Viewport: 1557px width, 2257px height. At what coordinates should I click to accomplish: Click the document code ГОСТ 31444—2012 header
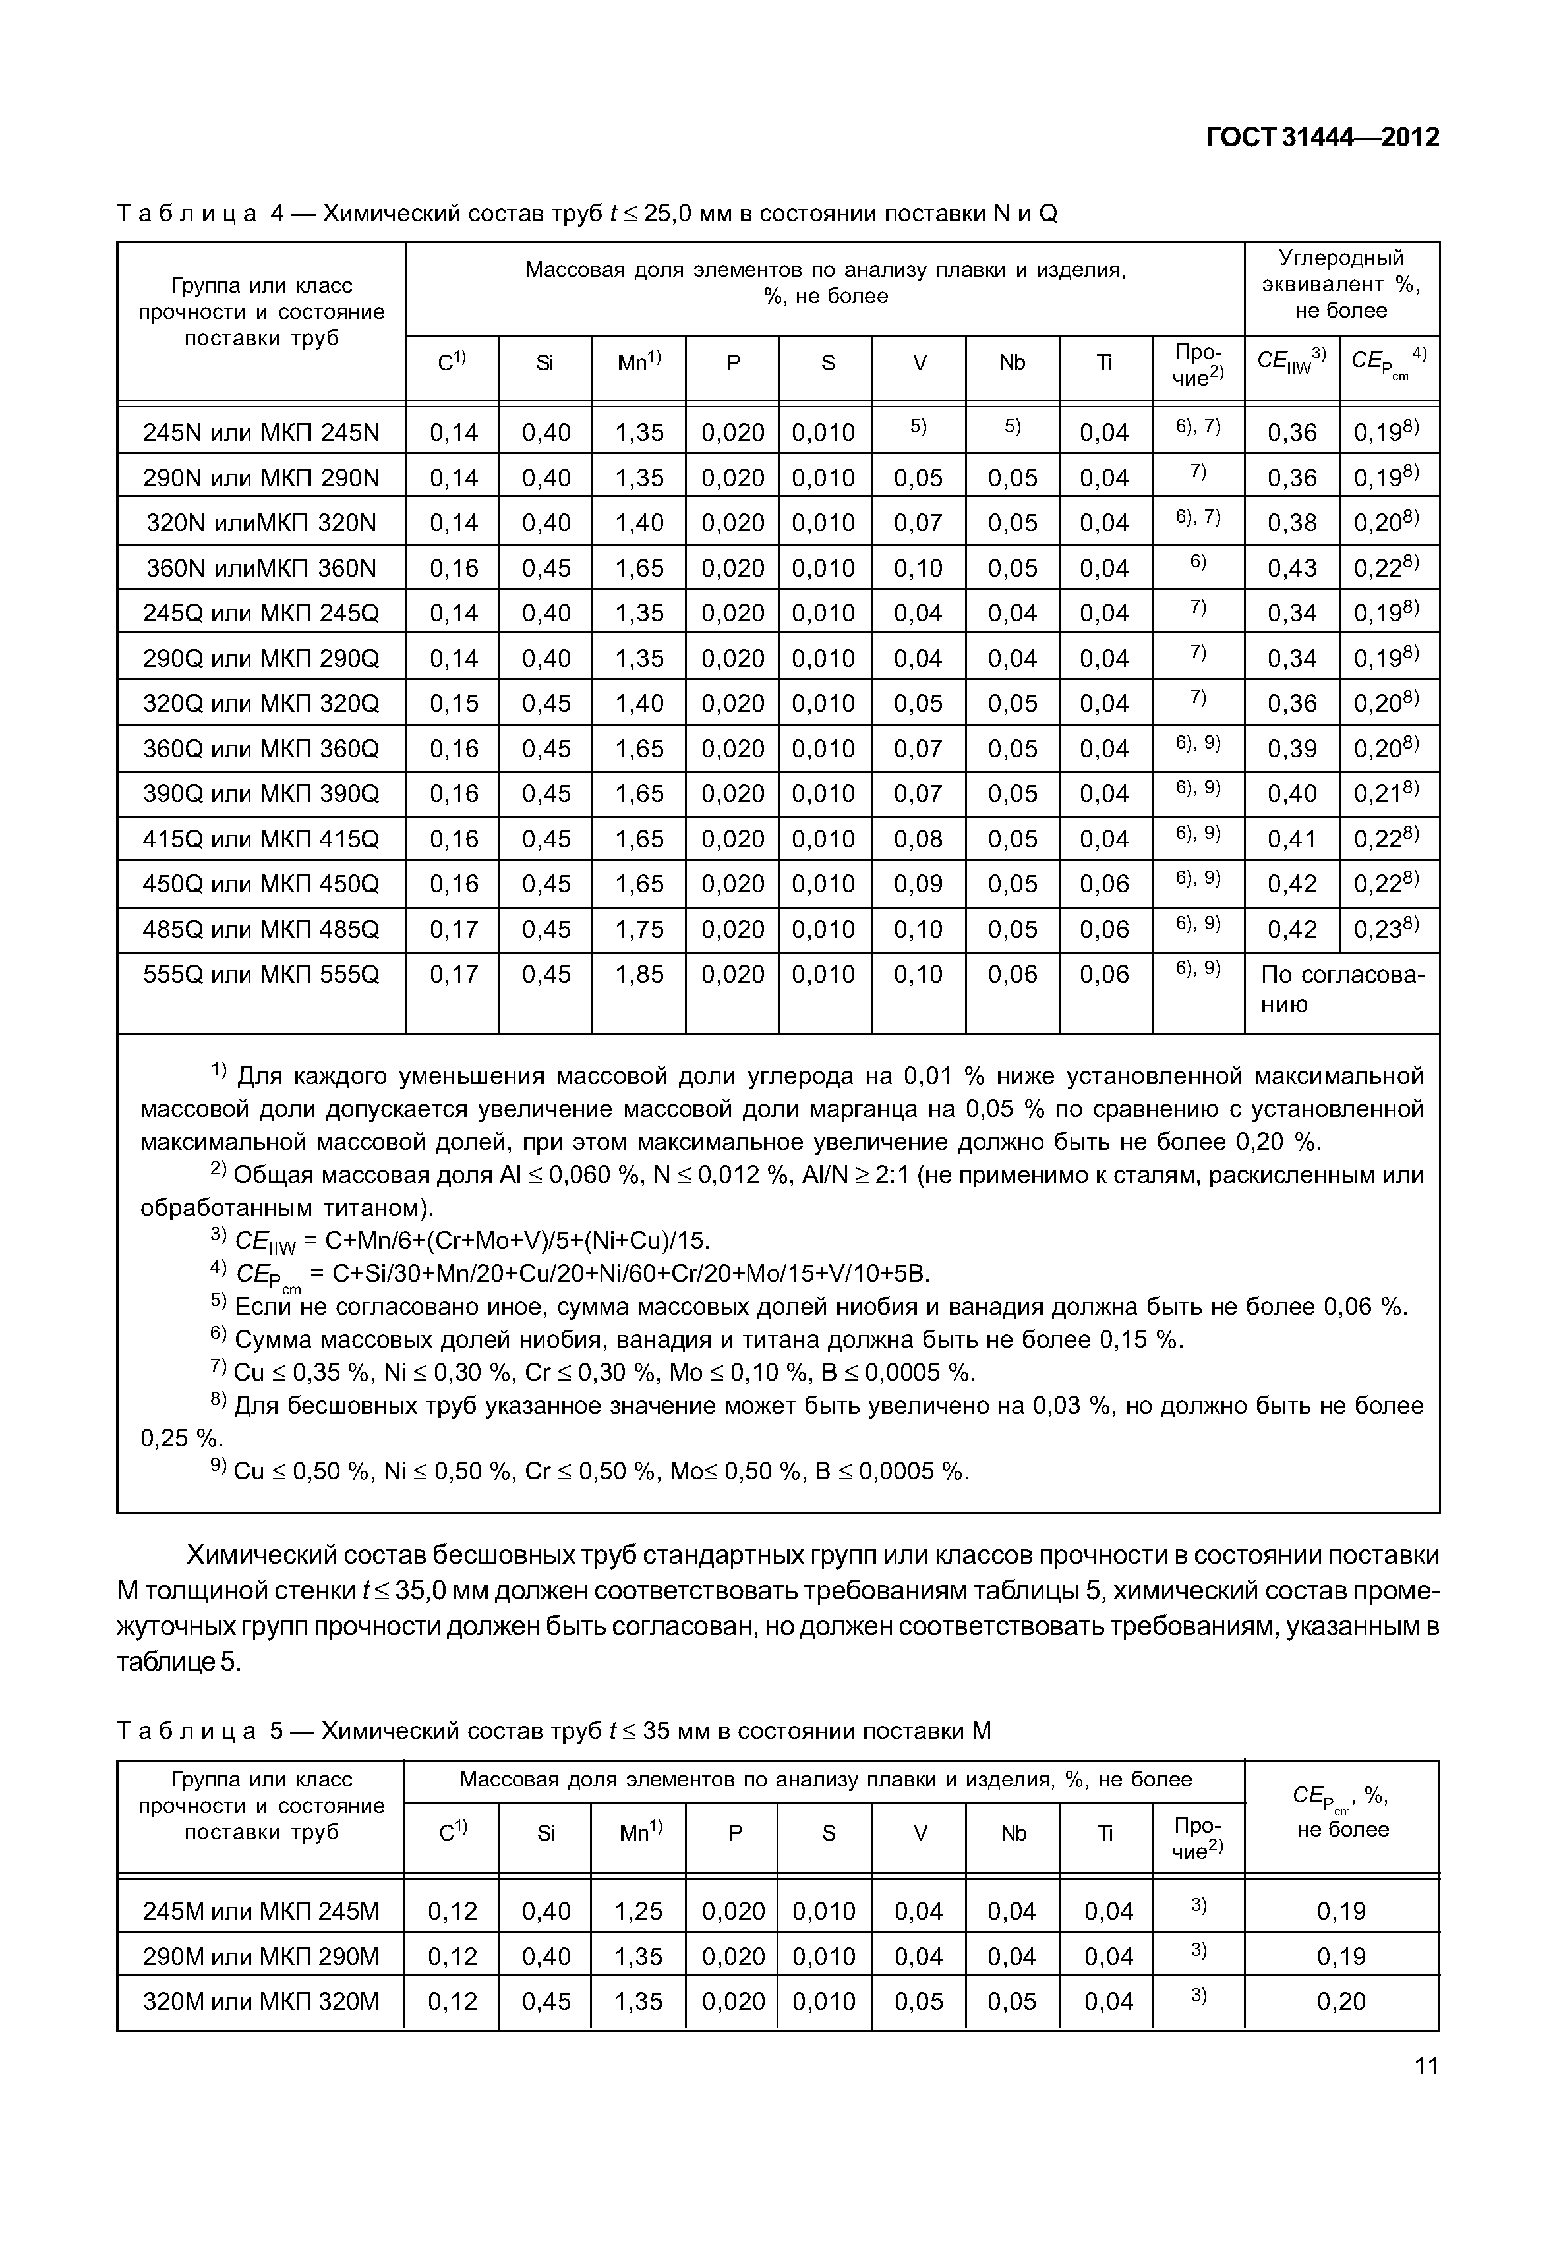1322,138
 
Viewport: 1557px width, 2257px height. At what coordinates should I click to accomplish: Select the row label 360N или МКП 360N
260,567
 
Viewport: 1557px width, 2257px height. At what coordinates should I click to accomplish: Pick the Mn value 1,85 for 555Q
639,975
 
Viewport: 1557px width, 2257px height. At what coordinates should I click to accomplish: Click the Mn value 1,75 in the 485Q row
639,930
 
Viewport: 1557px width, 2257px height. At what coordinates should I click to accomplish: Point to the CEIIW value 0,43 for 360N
1291,567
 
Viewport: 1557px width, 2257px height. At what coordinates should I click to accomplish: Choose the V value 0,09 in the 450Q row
918,884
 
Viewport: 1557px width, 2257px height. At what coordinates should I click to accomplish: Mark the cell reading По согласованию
1341,989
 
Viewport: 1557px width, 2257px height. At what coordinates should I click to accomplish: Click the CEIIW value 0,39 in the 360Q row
1291,749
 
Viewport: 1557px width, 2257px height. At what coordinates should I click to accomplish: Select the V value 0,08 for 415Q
918,839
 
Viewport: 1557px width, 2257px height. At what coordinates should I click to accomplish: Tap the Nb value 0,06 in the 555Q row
1012,975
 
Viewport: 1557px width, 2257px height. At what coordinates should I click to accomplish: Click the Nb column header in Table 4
1012,363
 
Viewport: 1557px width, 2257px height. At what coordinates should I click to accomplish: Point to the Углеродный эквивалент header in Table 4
1341,284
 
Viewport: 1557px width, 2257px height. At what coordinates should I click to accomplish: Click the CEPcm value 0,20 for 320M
1341,2001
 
